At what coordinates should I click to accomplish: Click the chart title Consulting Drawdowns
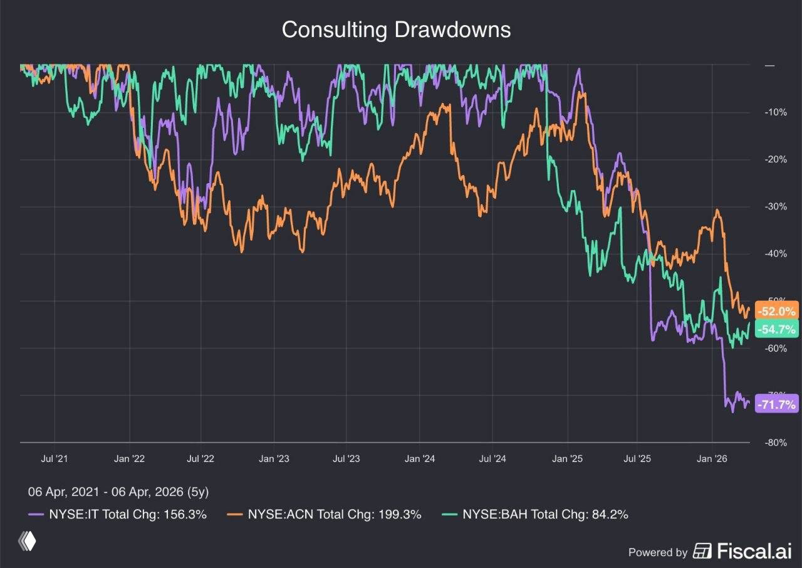coord(396,30)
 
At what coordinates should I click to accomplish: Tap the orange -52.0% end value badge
coord(777,311)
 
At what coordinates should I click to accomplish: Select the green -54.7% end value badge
coord(777,329)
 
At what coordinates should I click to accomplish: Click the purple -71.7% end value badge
coord(777,404)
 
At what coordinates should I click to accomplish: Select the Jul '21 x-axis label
coord(55,458)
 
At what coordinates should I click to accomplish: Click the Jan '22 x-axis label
coord(130,458)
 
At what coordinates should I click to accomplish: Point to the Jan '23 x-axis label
coord(274,458)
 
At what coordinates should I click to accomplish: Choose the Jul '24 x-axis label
coord(492,458)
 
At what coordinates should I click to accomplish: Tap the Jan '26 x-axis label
coord(712,458)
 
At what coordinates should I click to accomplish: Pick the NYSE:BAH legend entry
coord(536,515)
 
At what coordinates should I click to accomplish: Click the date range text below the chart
coord(123,492)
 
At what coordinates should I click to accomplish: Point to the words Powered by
coord(658,552)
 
